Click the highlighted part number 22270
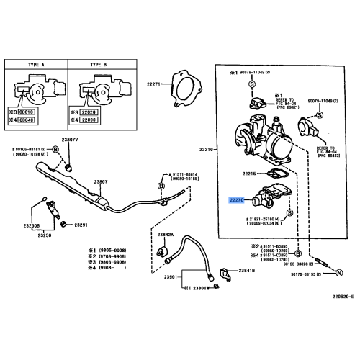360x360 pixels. coord(238,202)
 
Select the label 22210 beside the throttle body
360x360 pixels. coord(207,150)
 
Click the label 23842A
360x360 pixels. coord(166,235)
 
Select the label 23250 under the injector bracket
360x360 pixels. coord(44,235)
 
